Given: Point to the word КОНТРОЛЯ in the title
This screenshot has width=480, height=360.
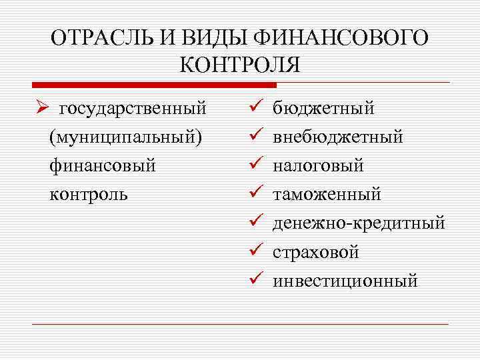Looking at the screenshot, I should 240,65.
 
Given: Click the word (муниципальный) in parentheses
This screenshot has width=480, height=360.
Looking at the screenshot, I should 125,137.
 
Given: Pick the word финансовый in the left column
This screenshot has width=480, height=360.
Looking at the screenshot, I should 102,165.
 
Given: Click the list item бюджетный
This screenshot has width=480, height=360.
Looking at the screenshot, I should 324,108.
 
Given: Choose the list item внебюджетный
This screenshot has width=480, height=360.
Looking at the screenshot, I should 339,137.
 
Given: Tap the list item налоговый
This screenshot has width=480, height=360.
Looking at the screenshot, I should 319,165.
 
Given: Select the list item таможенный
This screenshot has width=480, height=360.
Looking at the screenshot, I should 327,194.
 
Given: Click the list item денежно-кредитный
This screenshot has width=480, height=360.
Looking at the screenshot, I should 359,223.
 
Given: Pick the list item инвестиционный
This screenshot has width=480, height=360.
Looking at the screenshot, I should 345,281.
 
